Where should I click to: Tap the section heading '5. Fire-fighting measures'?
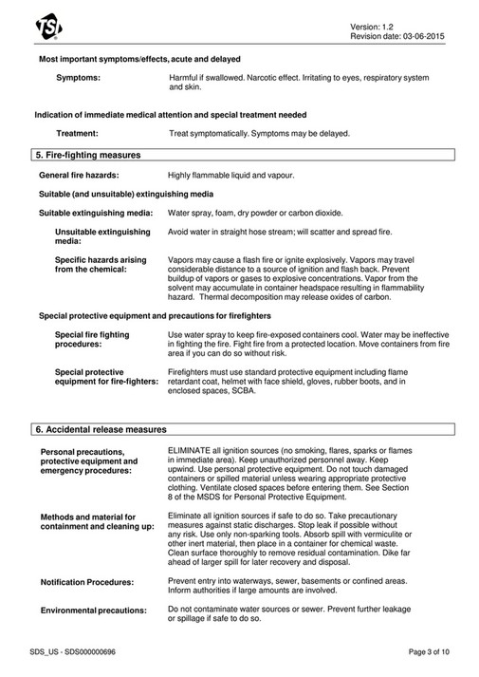tap(88, 154)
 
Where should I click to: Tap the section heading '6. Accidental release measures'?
tap(100, 429)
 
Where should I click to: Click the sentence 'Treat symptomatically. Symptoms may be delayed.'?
tap(258, 134)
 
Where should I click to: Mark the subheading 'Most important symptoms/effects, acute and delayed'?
tap(139, 59)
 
